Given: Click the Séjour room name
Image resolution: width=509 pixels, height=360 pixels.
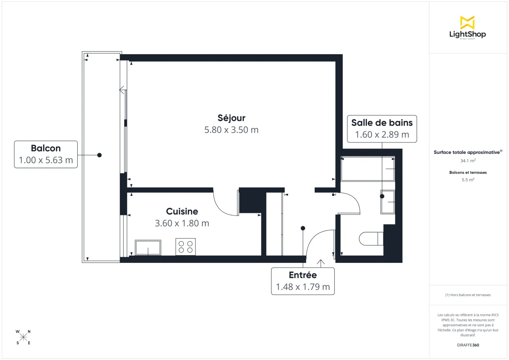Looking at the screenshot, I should (x=231, y=118).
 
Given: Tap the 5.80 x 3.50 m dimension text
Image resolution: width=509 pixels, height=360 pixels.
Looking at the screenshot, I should (x=231, y=130).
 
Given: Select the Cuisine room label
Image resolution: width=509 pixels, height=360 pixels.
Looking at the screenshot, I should (x=182, y=211).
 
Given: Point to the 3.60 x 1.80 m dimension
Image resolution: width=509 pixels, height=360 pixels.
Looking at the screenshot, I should (x=182, y=223).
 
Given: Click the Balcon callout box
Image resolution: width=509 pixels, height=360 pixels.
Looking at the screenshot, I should (x=46, y=154).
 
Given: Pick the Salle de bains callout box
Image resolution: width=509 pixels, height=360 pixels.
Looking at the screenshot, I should (x=382, y=128).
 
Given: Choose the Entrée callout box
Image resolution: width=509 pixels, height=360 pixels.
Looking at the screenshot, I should (x=302, y=281).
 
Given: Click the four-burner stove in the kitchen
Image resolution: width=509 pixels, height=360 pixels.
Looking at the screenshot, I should (x=186, y=247).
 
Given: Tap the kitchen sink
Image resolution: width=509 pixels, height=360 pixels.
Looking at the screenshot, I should (x=148, y=247).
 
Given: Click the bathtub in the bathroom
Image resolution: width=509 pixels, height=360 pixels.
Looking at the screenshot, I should (x=368, y=169).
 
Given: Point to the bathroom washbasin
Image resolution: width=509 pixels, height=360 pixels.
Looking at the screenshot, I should (x=388, y=202).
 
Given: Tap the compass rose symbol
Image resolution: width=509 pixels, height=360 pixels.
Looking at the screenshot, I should (x=23, y=337).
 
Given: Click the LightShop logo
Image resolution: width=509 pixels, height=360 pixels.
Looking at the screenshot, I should (x=467, y=27).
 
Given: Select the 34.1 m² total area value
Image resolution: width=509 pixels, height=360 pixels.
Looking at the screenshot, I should (x=467, y=161).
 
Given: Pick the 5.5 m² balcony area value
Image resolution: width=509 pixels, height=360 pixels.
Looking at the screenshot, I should (x=467, y=180).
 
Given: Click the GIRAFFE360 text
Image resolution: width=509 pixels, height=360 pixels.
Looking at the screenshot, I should (x=467, y=345).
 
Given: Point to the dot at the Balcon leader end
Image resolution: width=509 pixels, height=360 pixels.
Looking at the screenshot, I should (x=99, y=155).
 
